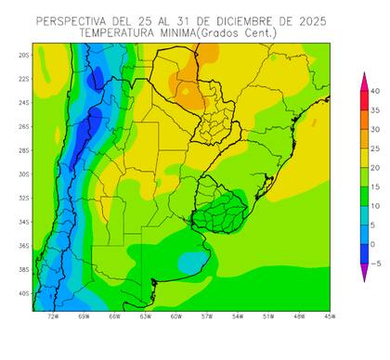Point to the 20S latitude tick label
click(23, 55)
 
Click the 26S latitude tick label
click(23, 126)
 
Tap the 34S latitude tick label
click(23, 222)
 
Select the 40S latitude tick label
click(23, 293)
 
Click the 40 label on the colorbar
click(375, 91)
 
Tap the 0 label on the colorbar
click(373, 244)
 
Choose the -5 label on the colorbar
click(374, 264)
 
